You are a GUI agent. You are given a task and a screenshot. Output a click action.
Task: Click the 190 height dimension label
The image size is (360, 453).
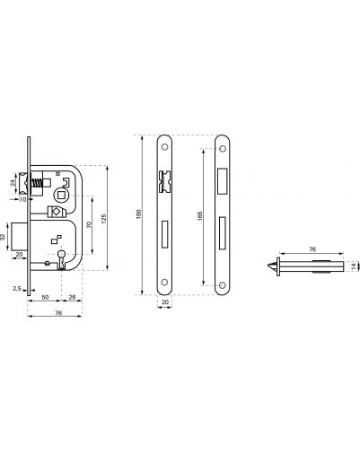tap(138, 214)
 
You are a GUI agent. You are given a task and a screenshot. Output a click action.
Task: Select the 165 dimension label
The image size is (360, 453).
tap(200, 216)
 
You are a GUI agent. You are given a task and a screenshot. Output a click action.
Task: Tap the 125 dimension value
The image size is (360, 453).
tap(104, 219)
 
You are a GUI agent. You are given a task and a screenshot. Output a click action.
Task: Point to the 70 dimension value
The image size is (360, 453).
tap(89, 225)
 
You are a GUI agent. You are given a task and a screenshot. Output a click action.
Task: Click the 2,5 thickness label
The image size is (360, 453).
tap(17, 289)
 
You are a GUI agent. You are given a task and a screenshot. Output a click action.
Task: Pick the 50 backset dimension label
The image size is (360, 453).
tap(45, 297)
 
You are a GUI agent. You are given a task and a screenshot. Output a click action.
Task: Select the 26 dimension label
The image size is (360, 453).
tap(72, 297)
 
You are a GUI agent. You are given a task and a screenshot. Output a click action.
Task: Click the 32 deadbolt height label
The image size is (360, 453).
tap(3, 237)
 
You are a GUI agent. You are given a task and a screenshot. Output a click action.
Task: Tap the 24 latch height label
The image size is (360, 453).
tap(13, 183)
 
